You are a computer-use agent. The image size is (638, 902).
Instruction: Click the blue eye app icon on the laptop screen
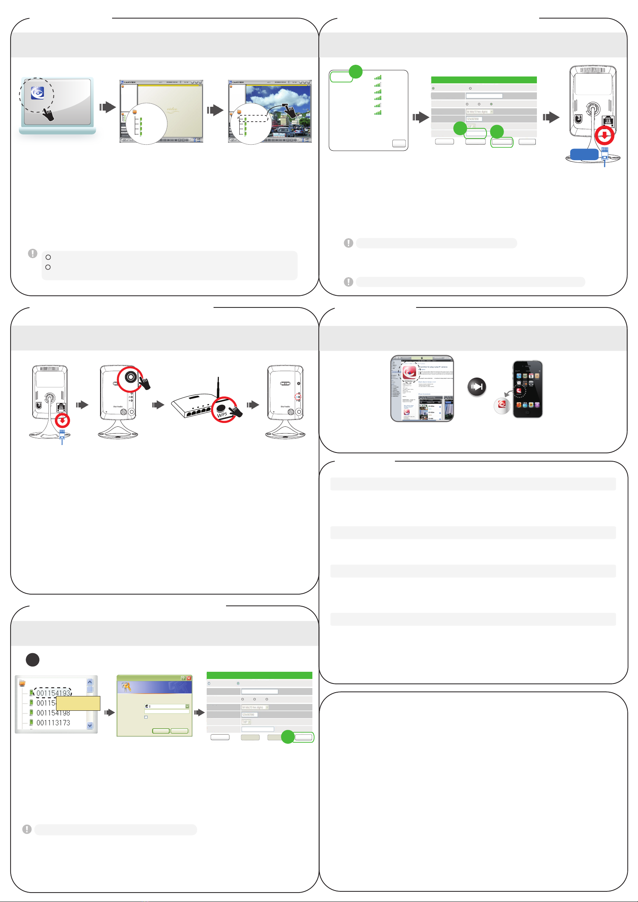(37, 93)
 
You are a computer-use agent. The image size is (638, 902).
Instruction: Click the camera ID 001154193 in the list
(53, 693)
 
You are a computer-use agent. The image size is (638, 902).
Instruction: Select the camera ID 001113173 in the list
(53, 723)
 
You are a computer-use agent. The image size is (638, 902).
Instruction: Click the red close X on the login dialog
(189, 678)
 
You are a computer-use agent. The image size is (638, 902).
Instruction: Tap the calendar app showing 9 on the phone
(531, 376)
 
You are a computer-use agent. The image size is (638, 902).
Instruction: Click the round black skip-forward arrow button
(477, 387)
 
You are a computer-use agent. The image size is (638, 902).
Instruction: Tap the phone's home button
(527, 412)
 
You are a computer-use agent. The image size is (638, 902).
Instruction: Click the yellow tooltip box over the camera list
(78, 703)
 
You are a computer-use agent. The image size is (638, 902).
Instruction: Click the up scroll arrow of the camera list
(90, 682)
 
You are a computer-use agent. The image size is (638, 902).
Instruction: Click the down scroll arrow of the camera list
(90, 726)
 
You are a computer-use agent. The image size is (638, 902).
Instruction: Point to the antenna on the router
(218, 387)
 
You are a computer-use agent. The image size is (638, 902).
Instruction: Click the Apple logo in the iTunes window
(422, 358)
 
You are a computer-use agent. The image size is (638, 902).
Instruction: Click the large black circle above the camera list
(33, 660)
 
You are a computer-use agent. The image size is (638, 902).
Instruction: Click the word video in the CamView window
(172, 109)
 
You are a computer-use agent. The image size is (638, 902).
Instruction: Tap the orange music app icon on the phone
(519, 405)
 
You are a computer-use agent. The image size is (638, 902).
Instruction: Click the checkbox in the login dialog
(146, 717)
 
